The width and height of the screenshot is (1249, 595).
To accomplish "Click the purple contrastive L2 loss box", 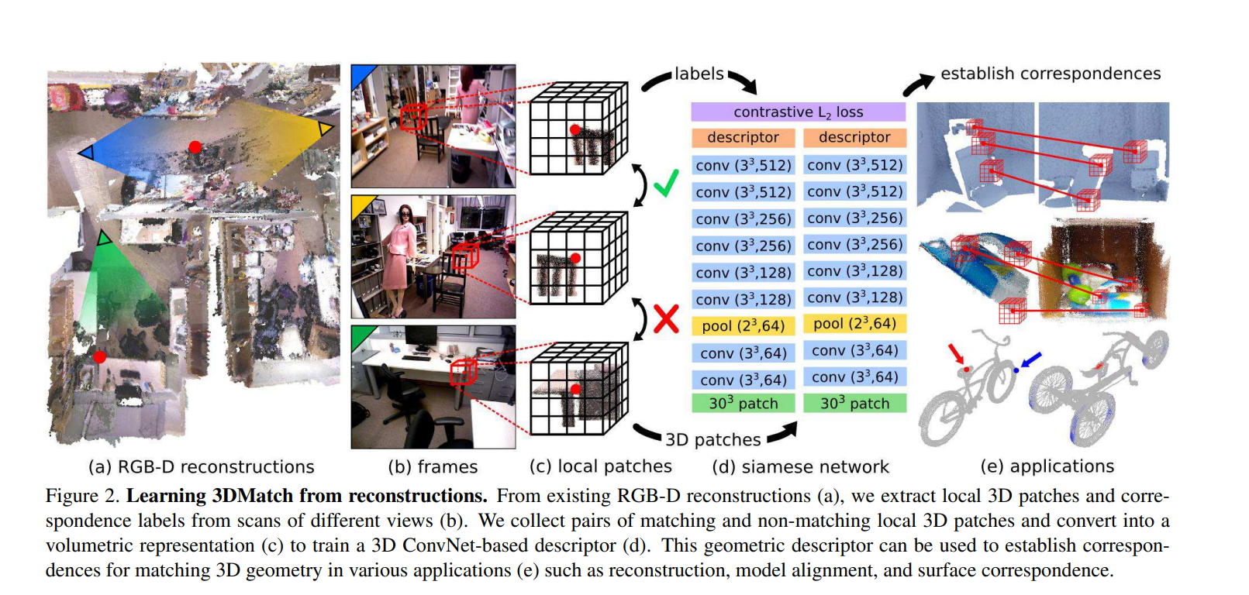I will (x=798, y=112).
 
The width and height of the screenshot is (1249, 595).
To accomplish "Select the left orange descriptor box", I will (x=743, y=138).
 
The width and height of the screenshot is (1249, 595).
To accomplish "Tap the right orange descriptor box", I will (x=854, y=138).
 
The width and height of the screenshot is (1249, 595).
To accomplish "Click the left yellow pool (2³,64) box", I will (x=743, y=326).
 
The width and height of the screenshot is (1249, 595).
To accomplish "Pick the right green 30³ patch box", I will (x=854, y=404).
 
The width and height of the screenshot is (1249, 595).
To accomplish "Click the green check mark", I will (x=666, y=184).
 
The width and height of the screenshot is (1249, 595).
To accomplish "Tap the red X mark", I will (x=666, y=318).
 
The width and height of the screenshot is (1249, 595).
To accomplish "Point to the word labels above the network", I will (x=699, y=74).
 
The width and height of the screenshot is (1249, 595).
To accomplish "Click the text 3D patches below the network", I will (x=712, y=440).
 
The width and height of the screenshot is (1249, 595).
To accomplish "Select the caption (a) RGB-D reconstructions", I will (x=201, y=467).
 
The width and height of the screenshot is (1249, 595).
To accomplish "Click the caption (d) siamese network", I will (x=800, y=467).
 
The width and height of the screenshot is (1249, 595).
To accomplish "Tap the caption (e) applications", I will (x=1047, y=466).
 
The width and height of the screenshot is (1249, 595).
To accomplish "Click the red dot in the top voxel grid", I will (x=575, y=129).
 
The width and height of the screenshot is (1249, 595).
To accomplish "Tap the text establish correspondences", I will (x=1051, y=74).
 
